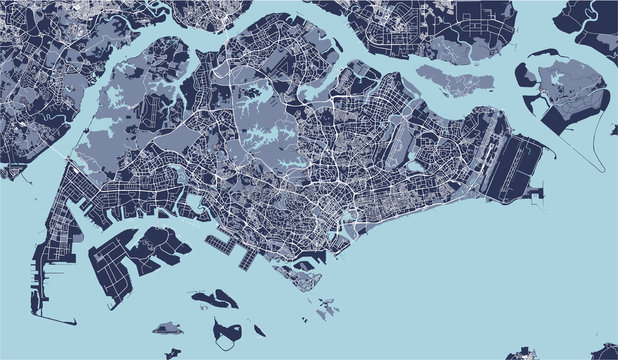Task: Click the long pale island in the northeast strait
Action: pos(455,78)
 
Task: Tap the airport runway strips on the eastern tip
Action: pos(521,165)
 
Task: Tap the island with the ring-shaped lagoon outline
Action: pos(229,330)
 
